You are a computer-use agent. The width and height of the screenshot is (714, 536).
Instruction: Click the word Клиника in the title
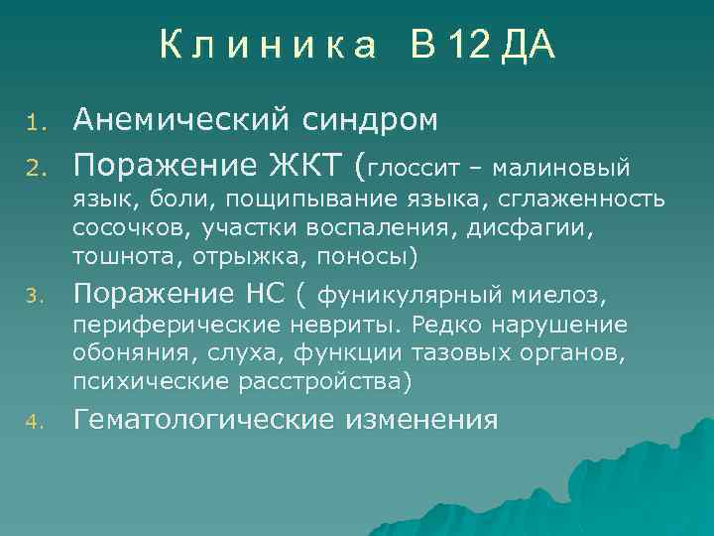(x=268, y=46)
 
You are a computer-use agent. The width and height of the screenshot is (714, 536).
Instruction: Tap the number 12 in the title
(x=467, y=46)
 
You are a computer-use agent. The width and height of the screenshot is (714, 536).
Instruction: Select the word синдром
(x=368, y=120)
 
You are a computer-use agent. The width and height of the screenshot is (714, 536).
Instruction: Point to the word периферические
(x=170, y=326)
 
